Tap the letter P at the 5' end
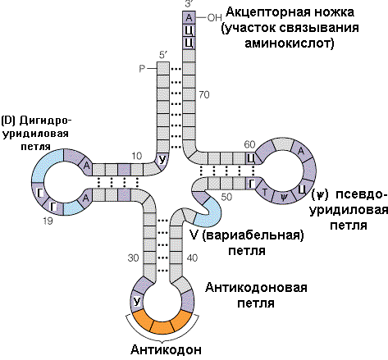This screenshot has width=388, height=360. click(141, 68)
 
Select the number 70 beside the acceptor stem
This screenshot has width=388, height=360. click(204, 95)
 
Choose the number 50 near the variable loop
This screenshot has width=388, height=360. click(227, 197)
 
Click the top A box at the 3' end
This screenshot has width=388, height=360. click(189, 17)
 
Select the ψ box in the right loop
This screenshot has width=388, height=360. click(284, 197)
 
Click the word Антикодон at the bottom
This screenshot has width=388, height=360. click(165, 349)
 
